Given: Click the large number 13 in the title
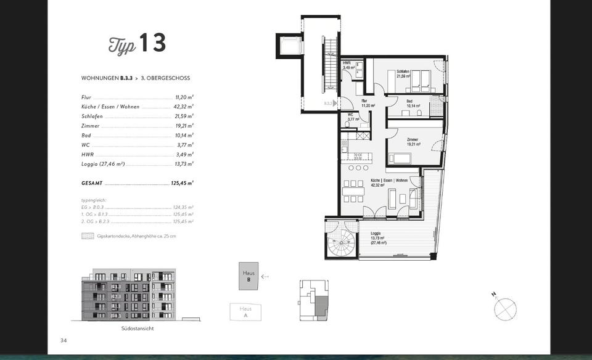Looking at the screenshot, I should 152,43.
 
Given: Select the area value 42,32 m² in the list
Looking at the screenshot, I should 184,107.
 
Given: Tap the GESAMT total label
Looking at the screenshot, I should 91,184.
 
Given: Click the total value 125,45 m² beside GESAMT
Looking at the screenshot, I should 183,184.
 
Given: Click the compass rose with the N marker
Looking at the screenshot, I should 505,308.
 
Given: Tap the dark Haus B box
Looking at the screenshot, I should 249,276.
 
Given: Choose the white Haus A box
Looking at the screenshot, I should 245,312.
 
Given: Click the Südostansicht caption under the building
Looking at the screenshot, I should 138,329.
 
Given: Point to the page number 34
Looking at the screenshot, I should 63,340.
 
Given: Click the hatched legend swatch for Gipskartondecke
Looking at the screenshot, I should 86,236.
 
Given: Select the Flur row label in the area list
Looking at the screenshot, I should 86,97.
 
